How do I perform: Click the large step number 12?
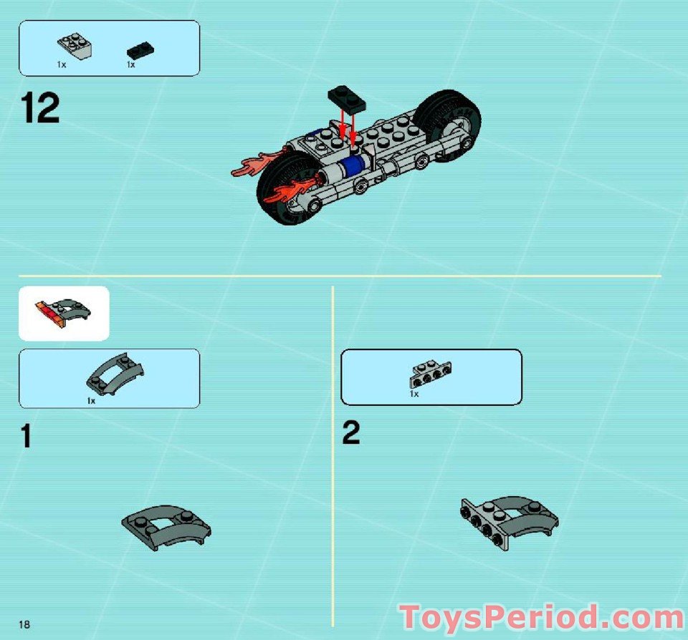click(x=41, y=110)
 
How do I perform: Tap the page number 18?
click(x=25, y=625)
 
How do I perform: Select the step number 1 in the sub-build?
click(x=26, y=436)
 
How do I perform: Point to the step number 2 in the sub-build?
click(x=350, y=432)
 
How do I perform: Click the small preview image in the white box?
click(x=63, y=313)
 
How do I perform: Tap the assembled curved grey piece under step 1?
click(x=166, y=528)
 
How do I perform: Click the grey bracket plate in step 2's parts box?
click(x=431, y=371)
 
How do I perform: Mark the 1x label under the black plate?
click(x=131, y=65)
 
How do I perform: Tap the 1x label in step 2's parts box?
click(x=414, y=394)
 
